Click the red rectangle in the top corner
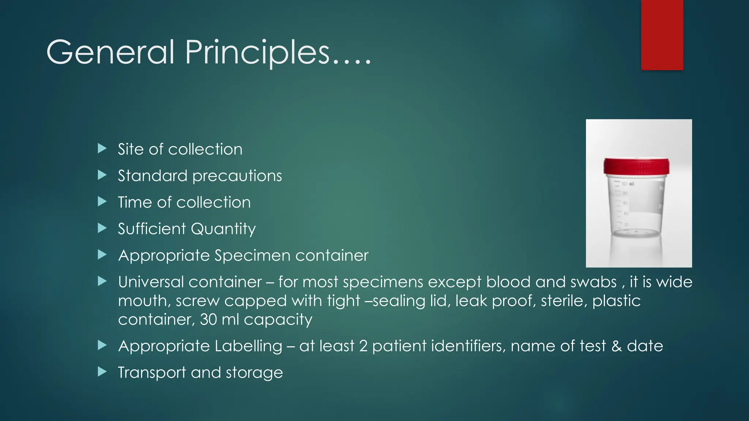click(x=662, y=35)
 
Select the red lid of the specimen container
click(x=636, y=166)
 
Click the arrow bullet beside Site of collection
click(x=102, y=148)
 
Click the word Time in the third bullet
click(x=135, y=202)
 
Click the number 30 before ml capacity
click(x=208, y=319)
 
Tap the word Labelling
click(x=248, y=346)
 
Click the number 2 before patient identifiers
click(x=363, y=346)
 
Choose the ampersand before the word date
click(x=617, y=346)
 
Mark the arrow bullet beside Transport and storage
click(x=102, y=372)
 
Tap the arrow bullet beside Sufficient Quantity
click(x=102, y=228)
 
